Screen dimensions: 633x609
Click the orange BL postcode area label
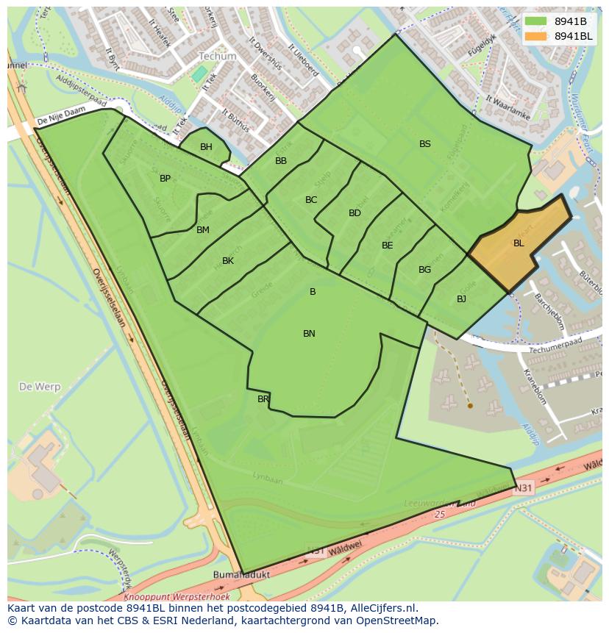(x=519, y=243)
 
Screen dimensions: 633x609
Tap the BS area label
(x=425, y=144)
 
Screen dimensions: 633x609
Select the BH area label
(x=206, y=147)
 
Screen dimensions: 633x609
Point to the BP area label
(x=165, y=179)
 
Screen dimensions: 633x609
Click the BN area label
(x=309, y=334)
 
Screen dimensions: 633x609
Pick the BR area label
(x=263, y=399)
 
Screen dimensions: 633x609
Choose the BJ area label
(x=461, y=299)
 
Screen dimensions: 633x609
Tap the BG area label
(x=424, y=270)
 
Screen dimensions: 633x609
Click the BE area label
(x=387, y=246)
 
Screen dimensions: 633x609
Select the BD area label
(x=355, y=213)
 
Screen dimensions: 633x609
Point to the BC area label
(x=311, y=200)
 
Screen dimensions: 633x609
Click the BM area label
(x=203, y=230)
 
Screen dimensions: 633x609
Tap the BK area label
(x=228, y=261)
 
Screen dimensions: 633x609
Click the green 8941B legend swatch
(x=536, y=21)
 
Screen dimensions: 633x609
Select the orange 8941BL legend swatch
(x=536, y=36)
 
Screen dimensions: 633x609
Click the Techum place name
(x=218, y=56)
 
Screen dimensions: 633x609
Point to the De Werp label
(x=40, y=386)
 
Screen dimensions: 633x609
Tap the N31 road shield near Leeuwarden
(x=523, y=487)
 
